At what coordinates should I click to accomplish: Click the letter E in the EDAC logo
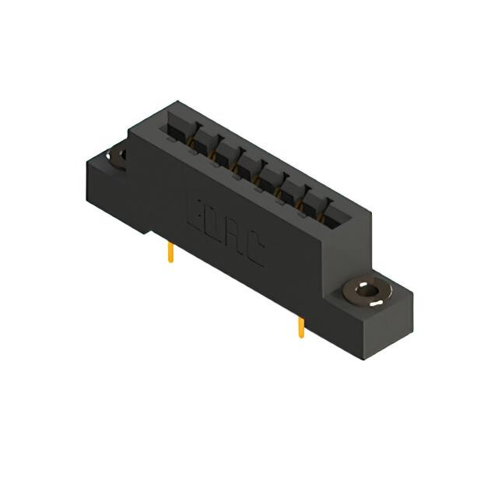(195, 212)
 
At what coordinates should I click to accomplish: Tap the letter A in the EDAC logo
(236, 240)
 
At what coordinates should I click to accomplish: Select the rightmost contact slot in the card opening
(337, 212)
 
